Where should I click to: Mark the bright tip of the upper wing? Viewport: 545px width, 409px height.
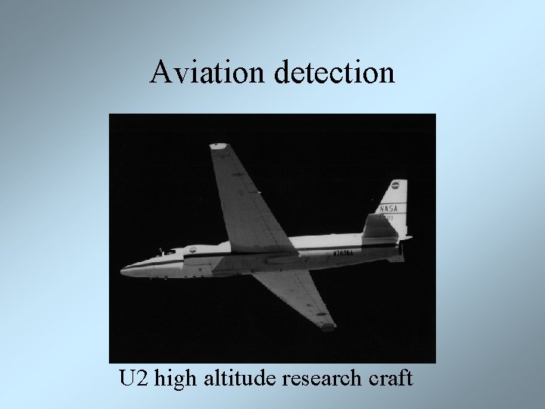(219, 145)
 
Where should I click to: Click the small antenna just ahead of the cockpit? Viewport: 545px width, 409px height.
(160, 249)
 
